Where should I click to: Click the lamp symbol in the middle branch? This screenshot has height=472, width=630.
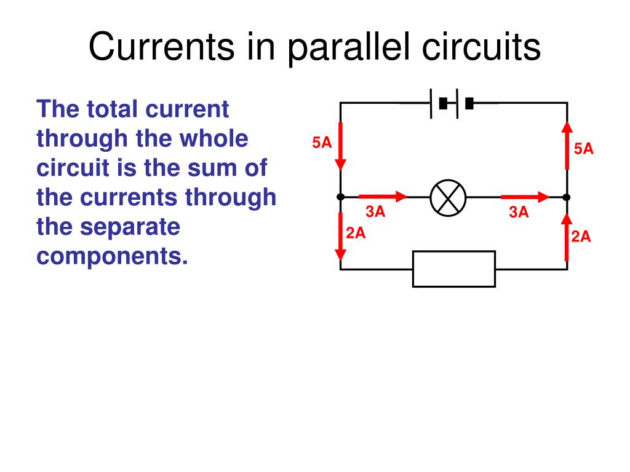tap(449, 198)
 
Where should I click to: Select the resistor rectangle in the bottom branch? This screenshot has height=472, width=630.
tap(454, 269)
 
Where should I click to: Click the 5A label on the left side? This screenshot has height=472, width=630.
tap(322, 143)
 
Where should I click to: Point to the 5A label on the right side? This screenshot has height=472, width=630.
tap(584, 148)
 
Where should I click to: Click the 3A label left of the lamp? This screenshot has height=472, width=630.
tap(375, 212)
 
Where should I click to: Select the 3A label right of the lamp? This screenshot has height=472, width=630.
tap(519, 213)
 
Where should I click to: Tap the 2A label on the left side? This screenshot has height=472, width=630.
tap(356, 233)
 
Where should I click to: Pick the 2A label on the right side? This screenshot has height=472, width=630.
tap(581, 237)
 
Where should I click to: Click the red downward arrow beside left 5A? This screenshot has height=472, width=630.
tap(340, 146)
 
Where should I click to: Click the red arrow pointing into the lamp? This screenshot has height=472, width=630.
tap(383, 197)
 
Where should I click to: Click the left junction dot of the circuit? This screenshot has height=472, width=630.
tap(340, 197)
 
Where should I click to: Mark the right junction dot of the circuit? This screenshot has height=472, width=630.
tap(567, 197)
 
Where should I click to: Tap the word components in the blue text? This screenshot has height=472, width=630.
tap(112, 256)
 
